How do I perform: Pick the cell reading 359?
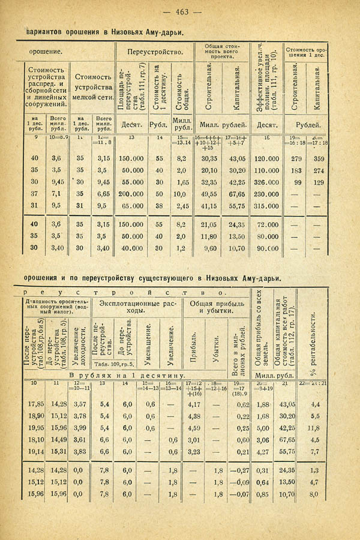[319, 159]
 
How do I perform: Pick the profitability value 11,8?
[313, 428]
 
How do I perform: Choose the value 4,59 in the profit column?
[193, 428]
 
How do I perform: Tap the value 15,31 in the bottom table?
[58, 452]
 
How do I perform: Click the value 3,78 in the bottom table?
[79, 416]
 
